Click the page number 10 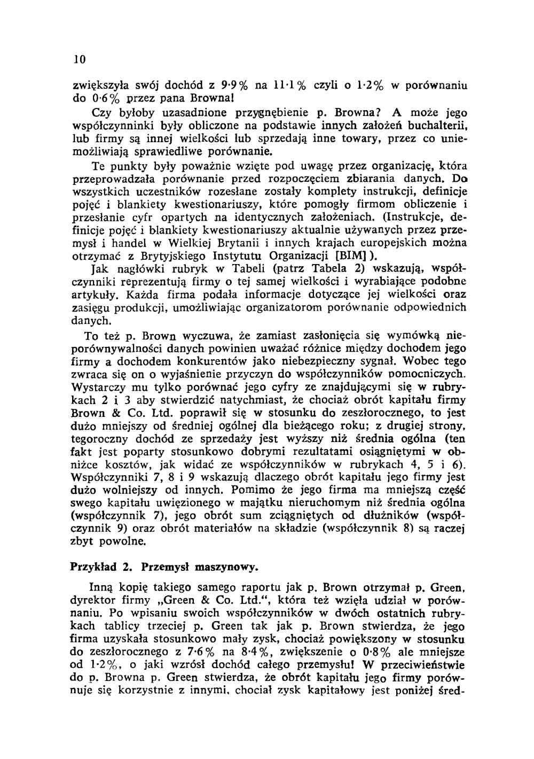click(78, 58)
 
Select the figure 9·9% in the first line click(232, 85)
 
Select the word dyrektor click(95, 600)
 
